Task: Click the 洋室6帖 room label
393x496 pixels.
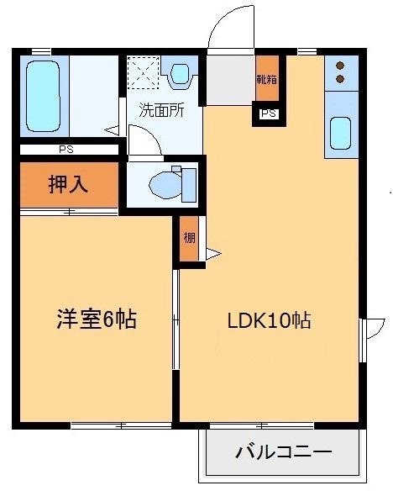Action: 97,319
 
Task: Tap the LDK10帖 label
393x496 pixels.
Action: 270,320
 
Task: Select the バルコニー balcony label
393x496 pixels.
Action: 283,452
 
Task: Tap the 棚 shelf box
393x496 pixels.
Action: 189,240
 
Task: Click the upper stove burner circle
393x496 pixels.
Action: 341,65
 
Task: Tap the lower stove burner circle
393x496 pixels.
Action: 341,79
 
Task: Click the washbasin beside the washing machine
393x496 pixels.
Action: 180,73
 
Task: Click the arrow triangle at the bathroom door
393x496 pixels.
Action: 112,129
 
